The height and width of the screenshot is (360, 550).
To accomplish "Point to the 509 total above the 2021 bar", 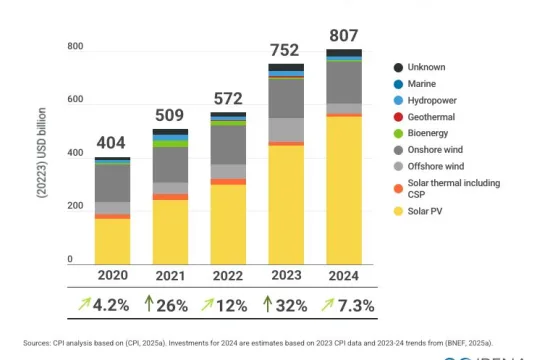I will [170, 112].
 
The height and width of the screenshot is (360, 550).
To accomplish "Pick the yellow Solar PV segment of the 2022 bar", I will [228, 224].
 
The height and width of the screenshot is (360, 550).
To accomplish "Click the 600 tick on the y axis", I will [75, 100].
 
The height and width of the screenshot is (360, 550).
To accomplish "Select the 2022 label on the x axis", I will [228, 276].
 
